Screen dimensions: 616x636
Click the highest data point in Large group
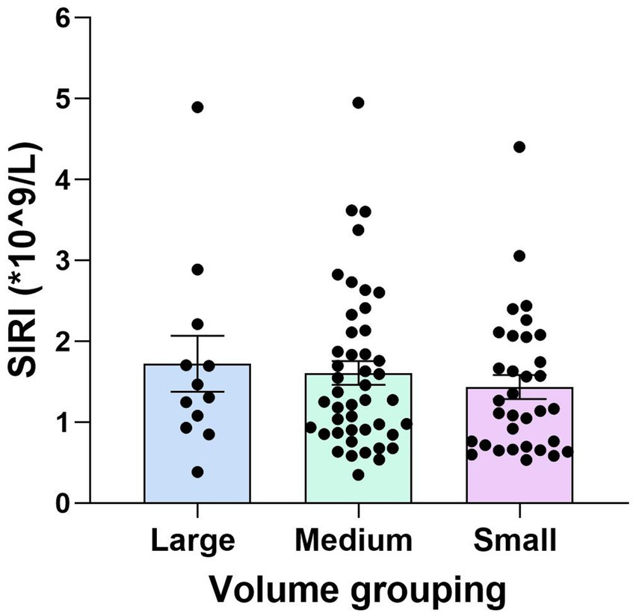[198, 107]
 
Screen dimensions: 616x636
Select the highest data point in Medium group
[358, 102]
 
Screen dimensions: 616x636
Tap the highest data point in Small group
[519, 147]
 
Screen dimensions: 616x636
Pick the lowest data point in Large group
[197, 472]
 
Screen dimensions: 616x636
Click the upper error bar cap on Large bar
[197, 336]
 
